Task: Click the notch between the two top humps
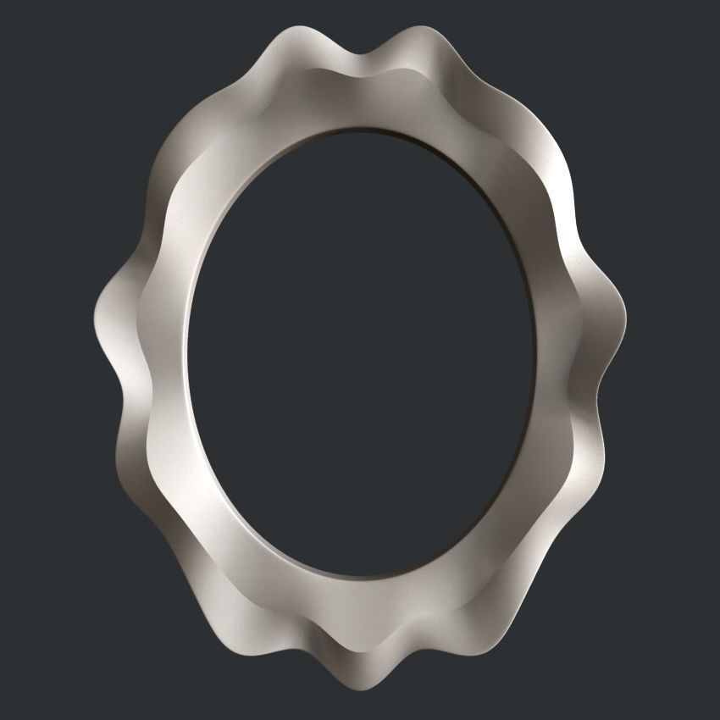362,57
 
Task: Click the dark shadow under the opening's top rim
373,136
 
